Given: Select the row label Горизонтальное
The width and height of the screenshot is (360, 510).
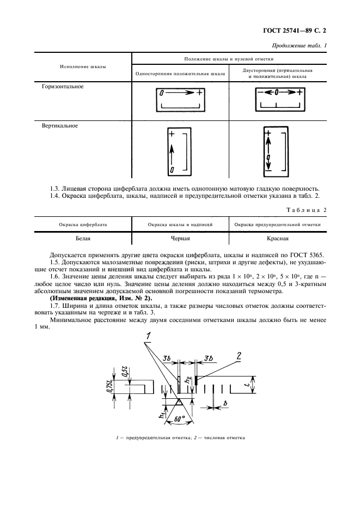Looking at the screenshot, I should click(63, 87).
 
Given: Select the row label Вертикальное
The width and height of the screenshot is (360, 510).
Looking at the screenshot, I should click(60, 126).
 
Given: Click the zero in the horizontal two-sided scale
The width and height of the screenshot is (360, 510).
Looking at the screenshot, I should click(277, 93).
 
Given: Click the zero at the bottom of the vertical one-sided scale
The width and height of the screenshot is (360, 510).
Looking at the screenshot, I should click(172, 171).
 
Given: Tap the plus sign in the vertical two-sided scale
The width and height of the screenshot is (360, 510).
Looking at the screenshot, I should click(267, 133).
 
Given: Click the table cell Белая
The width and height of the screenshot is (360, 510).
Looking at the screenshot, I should click(83, 238).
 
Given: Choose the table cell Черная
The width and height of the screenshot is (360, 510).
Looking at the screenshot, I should click(180, 238).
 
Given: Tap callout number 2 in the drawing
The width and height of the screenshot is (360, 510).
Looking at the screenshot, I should click(239, 356).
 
